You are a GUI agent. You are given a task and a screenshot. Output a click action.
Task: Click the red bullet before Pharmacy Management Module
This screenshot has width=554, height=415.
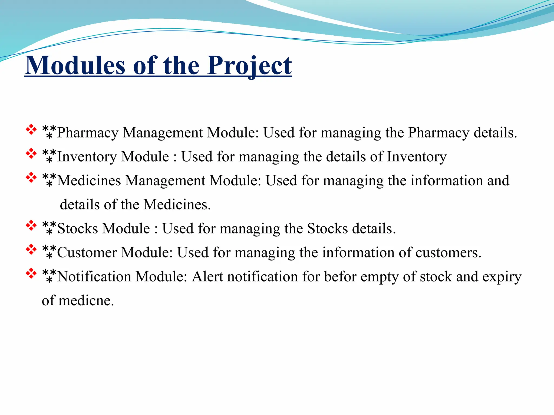[x=31, y=130]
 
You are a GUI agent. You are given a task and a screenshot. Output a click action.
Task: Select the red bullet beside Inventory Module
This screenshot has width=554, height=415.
[x=31, y=154]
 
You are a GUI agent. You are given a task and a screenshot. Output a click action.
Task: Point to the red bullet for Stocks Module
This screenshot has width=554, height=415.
[x=31, y=226]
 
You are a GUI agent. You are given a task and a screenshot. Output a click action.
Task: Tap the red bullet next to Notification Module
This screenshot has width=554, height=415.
[x=31, y=274]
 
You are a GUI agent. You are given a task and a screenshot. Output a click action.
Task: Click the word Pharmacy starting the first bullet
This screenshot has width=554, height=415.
[x=88, y=133]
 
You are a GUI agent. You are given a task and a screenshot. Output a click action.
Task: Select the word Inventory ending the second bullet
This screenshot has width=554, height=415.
[x=417, y=157]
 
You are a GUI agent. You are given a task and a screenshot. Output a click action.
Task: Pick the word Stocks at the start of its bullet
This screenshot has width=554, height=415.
[x=78, y=229]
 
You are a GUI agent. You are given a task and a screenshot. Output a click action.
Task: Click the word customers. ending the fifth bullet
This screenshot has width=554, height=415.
[x=448, y=253]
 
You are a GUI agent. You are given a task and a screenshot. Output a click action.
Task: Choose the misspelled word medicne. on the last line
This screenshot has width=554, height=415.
[x=86, y=300]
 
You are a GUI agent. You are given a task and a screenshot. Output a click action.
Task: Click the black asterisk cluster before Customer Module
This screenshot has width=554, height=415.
[x=49, y=252]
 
